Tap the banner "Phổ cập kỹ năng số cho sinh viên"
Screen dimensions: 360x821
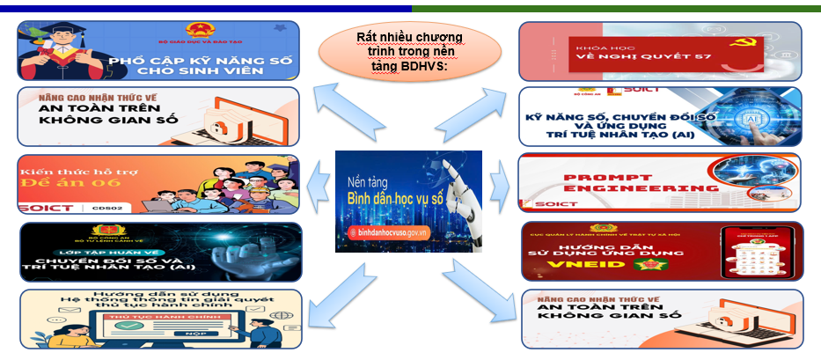click(x=158, y=51)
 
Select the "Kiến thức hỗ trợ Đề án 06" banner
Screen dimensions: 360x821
click(x=158, y=185)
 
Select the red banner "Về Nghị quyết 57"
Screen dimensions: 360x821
click(x=660, y=52)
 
